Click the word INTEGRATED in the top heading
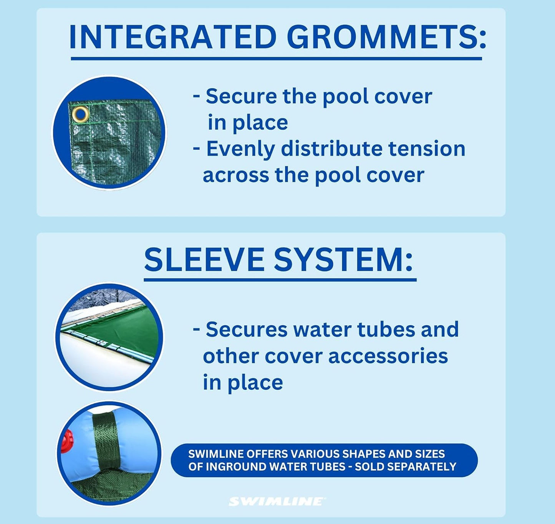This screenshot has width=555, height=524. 172,37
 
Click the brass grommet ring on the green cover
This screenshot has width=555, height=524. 80,114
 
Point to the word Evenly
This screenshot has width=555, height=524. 240,149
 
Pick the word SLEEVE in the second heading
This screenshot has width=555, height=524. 204,260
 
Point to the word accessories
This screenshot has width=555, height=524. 388,356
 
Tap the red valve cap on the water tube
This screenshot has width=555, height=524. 66,441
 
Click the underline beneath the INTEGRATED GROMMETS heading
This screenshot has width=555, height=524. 276,59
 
